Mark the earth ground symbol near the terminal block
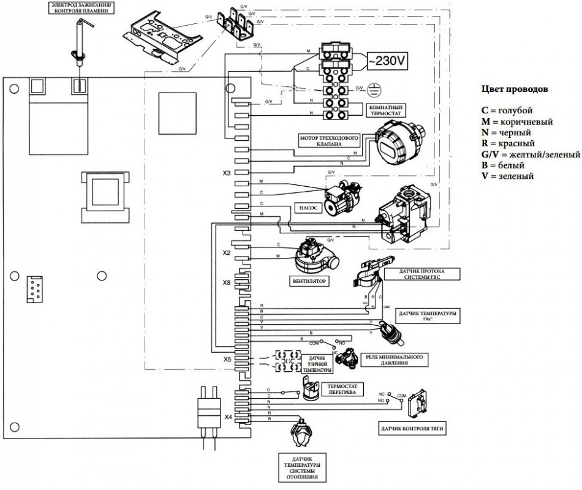(x=374, y=89)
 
